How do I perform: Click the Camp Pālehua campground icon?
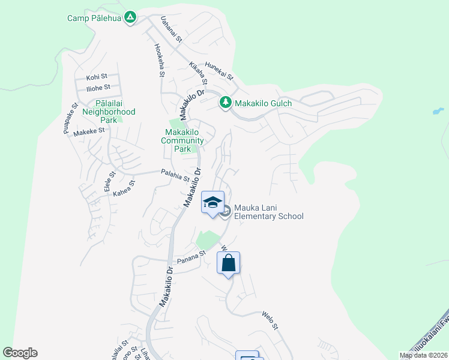point(130,18)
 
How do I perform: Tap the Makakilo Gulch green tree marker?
point(226,103)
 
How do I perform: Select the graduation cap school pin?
point(212,203)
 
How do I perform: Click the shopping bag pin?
point(229,263)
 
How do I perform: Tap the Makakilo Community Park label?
point(183,140)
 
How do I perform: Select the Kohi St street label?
point(97,77)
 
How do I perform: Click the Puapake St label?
point(70,118)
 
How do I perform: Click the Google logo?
point(20,353)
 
